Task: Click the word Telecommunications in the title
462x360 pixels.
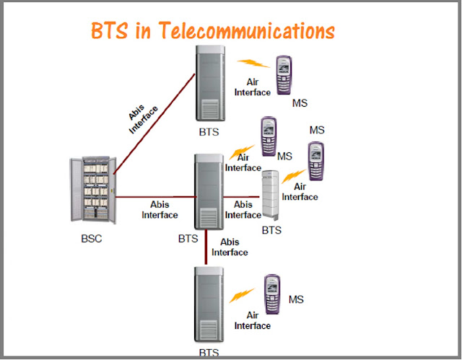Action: [247, 30]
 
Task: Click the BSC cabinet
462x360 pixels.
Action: [93, 190]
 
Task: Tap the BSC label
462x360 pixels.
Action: [92, 238]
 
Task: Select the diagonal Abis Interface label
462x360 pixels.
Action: [143, 118]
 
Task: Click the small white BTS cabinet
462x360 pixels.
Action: [271, 196]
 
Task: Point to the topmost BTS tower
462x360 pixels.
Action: [210, 83]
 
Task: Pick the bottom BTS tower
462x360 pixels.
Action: [209, 304]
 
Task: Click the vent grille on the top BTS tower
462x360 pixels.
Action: [210, 109]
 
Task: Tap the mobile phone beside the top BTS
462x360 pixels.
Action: [284, 75]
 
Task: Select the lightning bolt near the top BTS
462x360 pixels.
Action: [253, 63]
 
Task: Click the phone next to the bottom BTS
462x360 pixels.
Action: [272, 294]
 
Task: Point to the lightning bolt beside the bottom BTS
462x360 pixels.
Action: [242, 295]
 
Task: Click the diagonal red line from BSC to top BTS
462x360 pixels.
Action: [154, 123]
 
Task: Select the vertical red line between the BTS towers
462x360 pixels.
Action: [206, 247]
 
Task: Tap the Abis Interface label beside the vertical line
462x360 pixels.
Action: [230, 247]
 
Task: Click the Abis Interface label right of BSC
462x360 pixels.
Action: [160, 210]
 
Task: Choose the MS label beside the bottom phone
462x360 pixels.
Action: [296, 299]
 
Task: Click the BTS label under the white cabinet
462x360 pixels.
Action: [271, 230]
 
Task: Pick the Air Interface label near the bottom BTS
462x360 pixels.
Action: [253, 320]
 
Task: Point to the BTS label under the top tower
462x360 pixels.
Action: [209, 132]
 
